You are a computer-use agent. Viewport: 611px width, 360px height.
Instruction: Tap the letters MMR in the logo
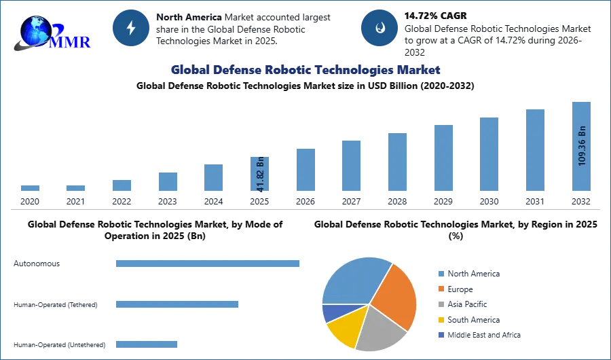click(x=71, y=41)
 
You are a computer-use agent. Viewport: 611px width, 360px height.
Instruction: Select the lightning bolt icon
click(x=131, y=28)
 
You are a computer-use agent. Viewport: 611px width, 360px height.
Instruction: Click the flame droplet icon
click(x=379, y=28)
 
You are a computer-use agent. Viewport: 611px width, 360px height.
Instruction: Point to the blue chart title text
click(x=305, y=70)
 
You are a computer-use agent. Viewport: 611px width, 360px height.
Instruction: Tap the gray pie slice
click(x=380, y=329)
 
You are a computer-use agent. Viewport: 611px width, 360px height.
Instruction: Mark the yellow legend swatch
click(x=440, y=319)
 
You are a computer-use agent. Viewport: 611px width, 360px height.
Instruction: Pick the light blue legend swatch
click(x=440, y=272)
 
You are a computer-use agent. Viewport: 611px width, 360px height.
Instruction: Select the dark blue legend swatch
click(x=440, y=336)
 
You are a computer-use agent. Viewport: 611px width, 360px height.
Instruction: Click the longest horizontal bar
click(x=208, y=264)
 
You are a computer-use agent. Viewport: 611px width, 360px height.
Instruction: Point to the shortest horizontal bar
click(x=147, y=342)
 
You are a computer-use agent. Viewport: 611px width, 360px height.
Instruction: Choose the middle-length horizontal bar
click(x=177, y=304)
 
